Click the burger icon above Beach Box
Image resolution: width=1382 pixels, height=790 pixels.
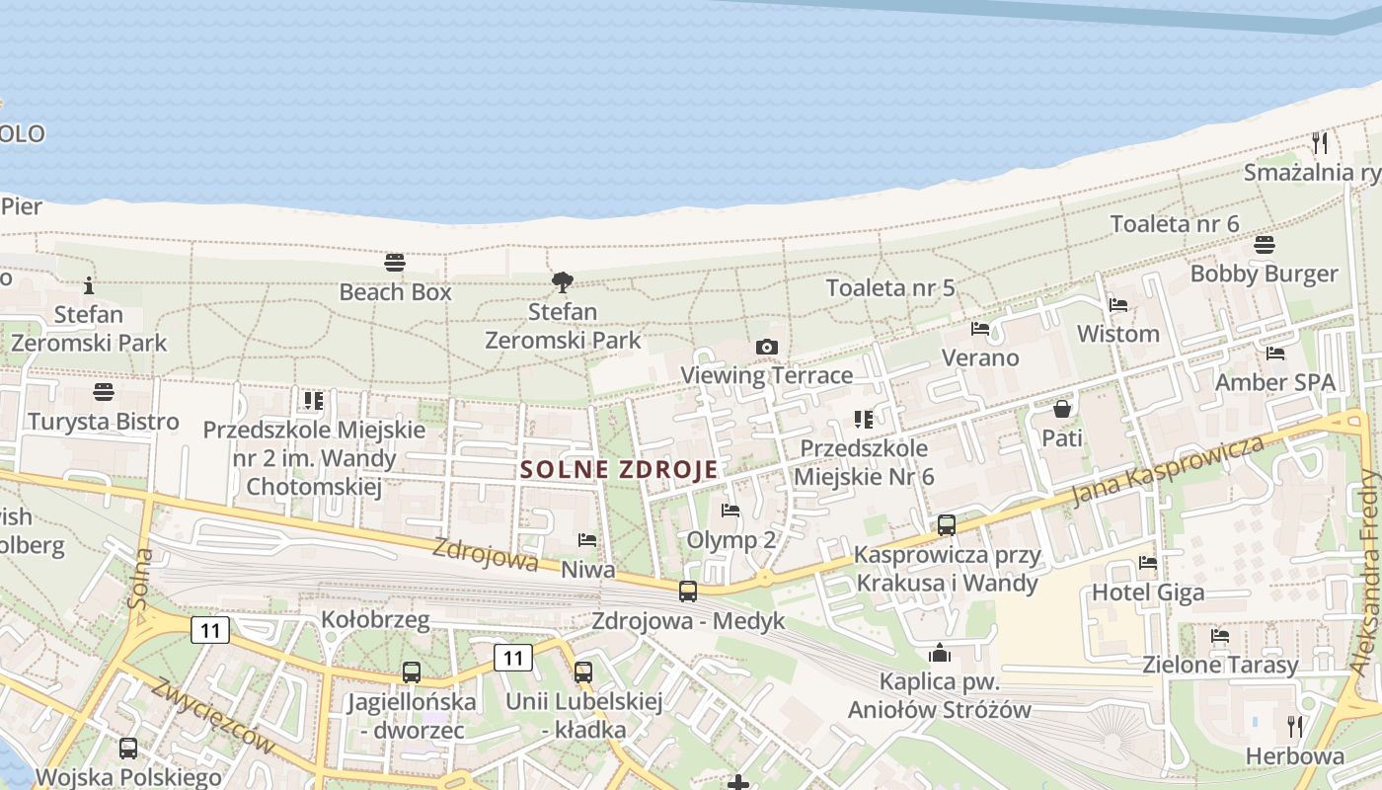tap(395, 263)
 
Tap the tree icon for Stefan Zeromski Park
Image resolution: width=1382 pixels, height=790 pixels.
tap(563, 282)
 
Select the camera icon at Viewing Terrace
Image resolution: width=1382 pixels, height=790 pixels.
tap(766, 347)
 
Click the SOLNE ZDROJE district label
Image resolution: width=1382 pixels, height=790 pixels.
tap(619, 470)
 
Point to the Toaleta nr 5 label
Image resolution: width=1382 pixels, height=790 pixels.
tap(890, 288)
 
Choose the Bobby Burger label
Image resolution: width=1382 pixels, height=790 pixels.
tap(1264, 274)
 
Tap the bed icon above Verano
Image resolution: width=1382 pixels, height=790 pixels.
tap(979, 329)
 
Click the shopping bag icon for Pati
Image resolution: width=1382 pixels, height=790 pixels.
tap(1062, 409)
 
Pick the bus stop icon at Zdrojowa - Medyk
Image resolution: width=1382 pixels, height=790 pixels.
tap(688, 592)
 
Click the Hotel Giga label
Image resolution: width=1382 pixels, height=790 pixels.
tap(1147, 592)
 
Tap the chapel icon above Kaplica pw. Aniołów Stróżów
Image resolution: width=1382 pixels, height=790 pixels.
tap(939, 653)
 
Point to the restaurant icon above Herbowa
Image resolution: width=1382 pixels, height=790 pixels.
tap(1295, 728)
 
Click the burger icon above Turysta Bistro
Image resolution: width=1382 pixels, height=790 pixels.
tap(103, 392)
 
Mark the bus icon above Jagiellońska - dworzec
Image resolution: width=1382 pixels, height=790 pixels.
tap(412, 672)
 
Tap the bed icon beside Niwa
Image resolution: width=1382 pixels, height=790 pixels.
tap(587, 540)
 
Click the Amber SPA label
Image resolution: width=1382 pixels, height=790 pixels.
tap(1274, 382)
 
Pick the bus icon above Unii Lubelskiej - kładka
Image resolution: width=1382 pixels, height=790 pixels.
tap(583, 672)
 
